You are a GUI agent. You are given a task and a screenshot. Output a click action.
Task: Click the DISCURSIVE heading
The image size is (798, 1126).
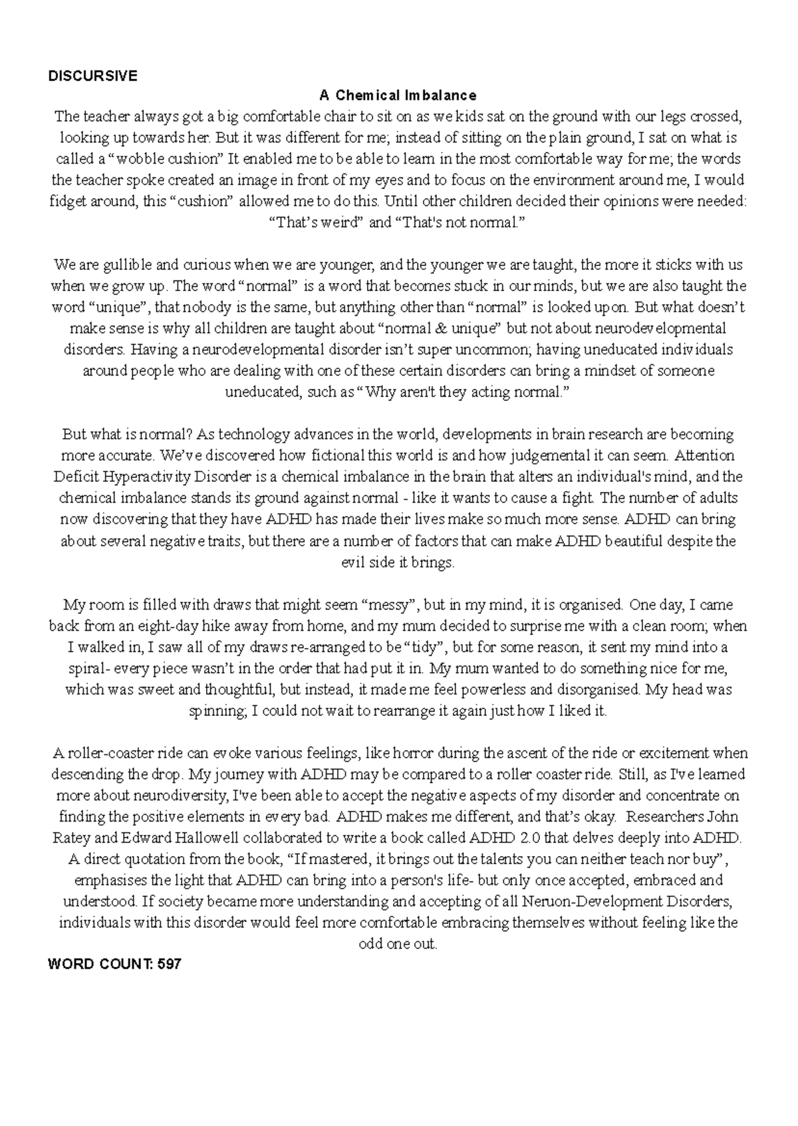pos(92,76)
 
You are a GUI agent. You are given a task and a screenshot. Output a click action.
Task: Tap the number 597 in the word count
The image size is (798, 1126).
pos(169,964)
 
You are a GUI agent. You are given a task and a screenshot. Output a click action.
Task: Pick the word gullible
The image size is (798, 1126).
pos(126,265)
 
